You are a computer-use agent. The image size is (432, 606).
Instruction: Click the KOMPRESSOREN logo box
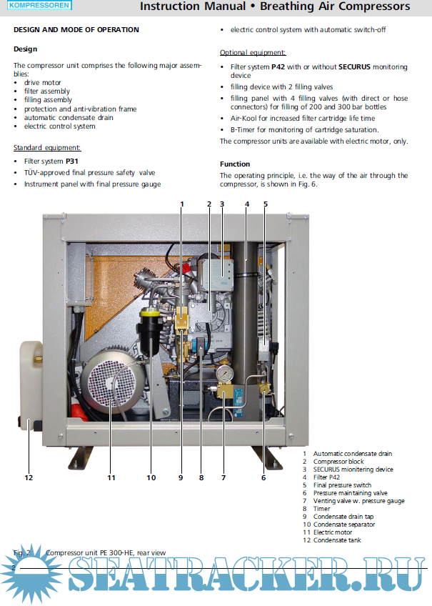39,5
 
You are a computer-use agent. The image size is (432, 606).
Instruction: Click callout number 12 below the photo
29,477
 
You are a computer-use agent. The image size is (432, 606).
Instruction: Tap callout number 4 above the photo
247,204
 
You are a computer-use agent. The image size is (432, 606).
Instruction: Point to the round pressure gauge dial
225,374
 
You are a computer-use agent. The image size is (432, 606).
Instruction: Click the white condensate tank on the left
31,384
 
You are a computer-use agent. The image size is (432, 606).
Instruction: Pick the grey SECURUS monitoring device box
218,274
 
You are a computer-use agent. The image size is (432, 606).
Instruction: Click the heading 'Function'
235,164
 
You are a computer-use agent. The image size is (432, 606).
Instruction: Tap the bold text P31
72,162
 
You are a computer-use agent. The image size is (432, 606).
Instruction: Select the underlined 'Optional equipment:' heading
253,53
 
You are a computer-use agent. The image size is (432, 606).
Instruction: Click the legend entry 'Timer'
321,509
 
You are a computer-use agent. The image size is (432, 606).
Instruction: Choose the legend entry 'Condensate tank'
337,540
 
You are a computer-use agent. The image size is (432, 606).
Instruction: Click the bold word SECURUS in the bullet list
354,67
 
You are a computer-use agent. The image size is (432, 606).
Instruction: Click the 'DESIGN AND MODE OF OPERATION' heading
76,30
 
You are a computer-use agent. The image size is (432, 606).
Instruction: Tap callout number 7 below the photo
223,477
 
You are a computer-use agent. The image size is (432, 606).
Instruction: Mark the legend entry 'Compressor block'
338,462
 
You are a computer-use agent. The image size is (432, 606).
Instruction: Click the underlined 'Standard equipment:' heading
47,148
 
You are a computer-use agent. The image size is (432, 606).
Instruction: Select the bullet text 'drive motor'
42,83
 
